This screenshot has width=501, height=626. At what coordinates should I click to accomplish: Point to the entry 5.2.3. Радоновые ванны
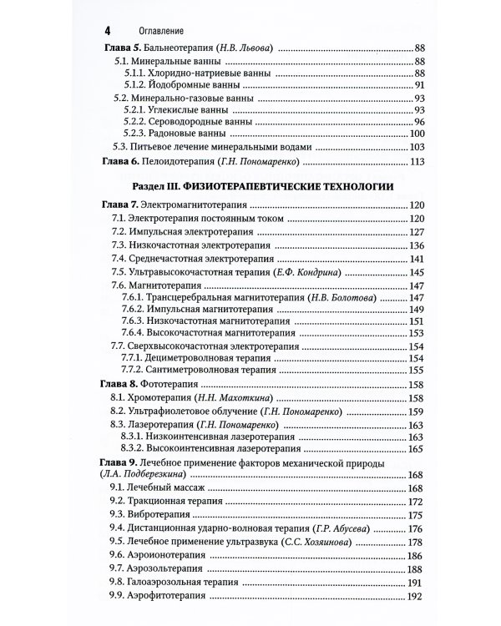pyautogui.click(x=172, y=134)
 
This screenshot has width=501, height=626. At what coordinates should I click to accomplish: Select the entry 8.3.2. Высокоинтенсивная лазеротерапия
pyautogui.click(x=209, y=448)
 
